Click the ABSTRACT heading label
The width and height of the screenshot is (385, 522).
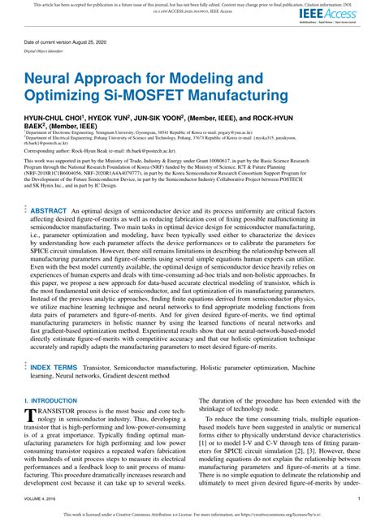48,210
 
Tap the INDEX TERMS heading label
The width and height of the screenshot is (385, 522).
54,368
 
